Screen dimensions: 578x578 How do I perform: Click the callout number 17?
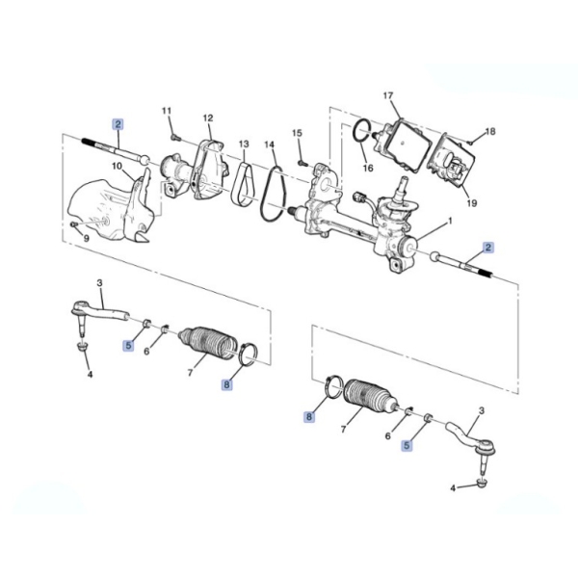point(388,95)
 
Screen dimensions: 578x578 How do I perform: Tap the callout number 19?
point(472,202)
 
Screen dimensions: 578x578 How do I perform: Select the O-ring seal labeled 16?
point(361,130)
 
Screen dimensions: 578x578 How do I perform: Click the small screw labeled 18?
point(470,142)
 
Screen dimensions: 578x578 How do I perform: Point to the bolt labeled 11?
point(174,138)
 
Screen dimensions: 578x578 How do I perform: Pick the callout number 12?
point(208,118)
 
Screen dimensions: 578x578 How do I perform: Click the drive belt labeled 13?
point(242,183)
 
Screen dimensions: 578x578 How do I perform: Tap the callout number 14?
point(270,144)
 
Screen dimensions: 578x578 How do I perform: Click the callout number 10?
point(117,167)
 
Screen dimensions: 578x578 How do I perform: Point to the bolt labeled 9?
point(74,223)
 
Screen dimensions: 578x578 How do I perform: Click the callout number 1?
point(450,222)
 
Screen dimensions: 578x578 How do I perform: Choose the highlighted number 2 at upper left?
point(118,124)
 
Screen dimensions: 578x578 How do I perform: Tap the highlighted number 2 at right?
point(488,248)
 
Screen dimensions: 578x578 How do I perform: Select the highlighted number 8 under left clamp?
point(226,384)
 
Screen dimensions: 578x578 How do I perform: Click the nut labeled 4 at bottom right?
point(483,483)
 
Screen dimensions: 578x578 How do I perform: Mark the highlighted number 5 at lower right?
point(407,445)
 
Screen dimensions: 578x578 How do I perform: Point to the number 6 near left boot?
point(146,352)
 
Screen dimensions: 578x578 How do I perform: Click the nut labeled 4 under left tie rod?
point(80,347)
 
